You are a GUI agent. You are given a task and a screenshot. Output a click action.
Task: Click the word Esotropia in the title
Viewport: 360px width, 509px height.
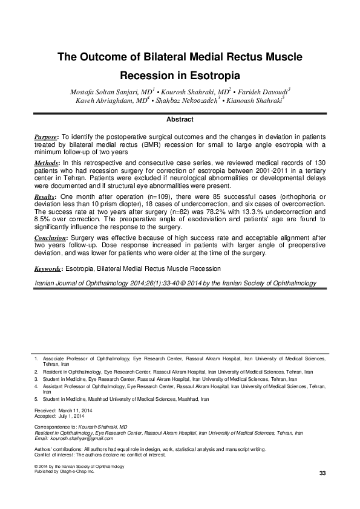pos(215,77)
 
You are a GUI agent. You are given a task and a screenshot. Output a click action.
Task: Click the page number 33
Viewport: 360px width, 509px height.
pos(322,472)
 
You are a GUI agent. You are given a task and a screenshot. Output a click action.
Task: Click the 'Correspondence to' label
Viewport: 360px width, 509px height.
pos(55,426)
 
